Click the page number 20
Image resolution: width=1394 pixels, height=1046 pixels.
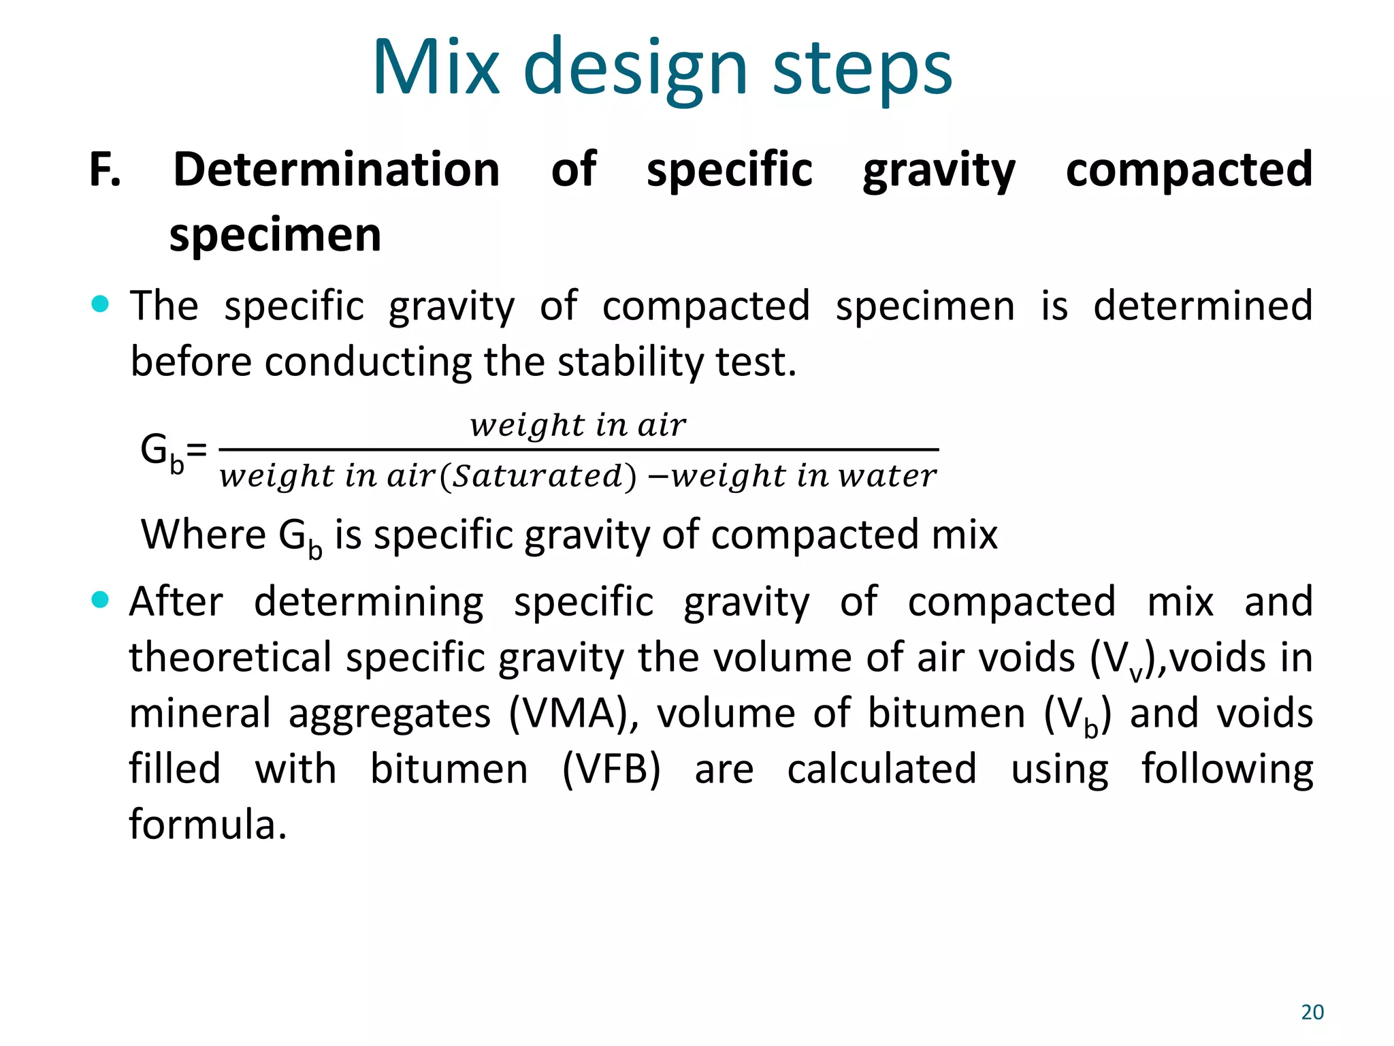click(1312, 1012)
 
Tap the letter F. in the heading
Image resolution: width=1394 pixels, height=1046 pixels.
click(105, 170)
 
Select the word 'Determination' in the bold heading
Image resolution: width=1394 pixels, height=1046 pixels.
click(336, 170)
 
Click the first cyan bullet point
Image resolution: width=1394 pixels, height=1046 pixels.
click(100, 304)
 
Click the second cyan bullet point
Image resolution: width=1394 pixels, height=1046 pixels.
click(100, 600)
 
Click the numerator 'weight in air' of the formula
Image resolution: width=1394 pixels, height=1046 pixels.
click(578, 426)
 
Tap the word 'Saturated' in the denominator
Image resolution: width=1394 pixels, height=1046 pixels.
click(538, 476)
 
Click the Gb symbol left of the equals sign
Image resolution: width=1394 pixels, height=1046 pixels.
click(161, 451)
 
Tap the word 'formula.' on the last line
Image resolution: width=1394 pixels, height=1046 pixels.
click(208, 825)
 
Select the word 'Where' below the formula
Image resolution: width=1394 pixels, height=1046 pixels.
click(203, 535)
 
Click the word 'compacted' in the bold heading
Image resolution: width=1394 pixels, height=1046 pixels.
click(1188, 170)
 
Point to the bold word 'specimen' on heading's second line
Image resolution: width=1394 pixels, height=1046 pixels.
click(275, 235)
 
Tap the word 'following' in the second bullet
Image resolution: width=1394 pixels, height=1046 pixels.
click(1227, 770)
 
